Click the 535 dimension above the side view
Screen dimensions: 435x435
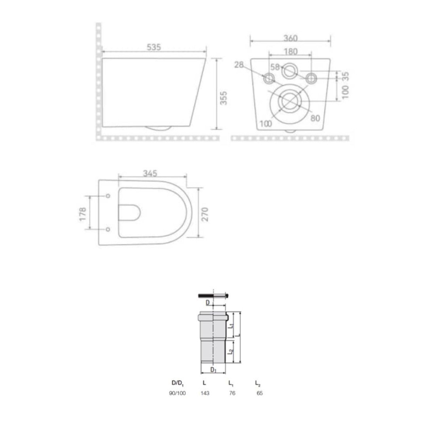click(x=154, y=47)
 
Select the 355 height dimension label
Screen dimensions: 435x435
click(x=224, y=98)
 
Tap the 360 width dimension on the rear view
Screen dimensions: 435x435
click(x=290, y=38)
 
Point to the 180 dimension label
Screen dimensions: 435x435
click(x=290, y=52)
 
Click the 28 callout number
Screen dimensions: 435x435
click(x=239, y=65)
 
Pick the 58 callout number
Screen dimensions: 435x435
click(x=275, y=67)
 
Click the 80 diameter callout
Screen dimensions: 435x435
click(x=315, y=118)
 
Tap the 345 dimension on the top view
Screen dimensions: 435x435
click(x=150, y=173)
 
